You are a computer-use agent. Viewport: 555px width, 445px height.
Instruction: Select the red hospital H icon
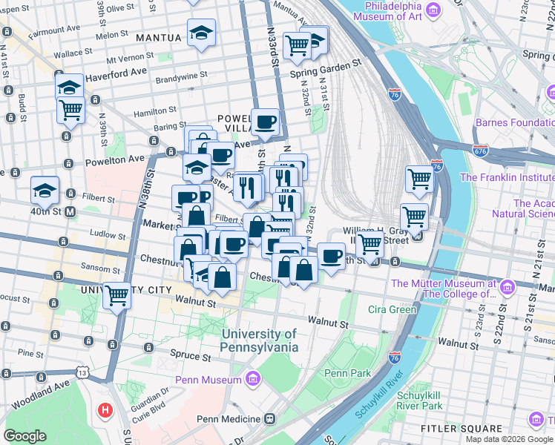click(x=105, y=409)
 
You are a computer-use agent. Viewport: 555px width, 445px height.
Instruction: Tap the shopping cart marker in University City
click(x=116, y=295)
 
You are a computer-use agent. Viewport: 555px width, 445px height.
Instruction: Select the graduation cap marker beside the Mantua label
click(x=201, y=33)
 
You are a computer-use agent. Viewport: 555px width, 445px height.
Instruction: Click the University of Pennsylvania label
click(x=260, y=340)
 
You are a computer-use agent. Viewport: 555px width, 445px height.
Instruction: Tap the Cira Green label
click(x=393, y=309)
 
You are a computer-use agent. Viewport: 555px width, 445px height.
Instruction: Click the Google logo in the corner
click(x=24, y=436)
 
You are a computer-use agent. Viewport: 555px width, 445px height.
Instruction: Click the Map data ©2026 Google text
click(x=508, y=439)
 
